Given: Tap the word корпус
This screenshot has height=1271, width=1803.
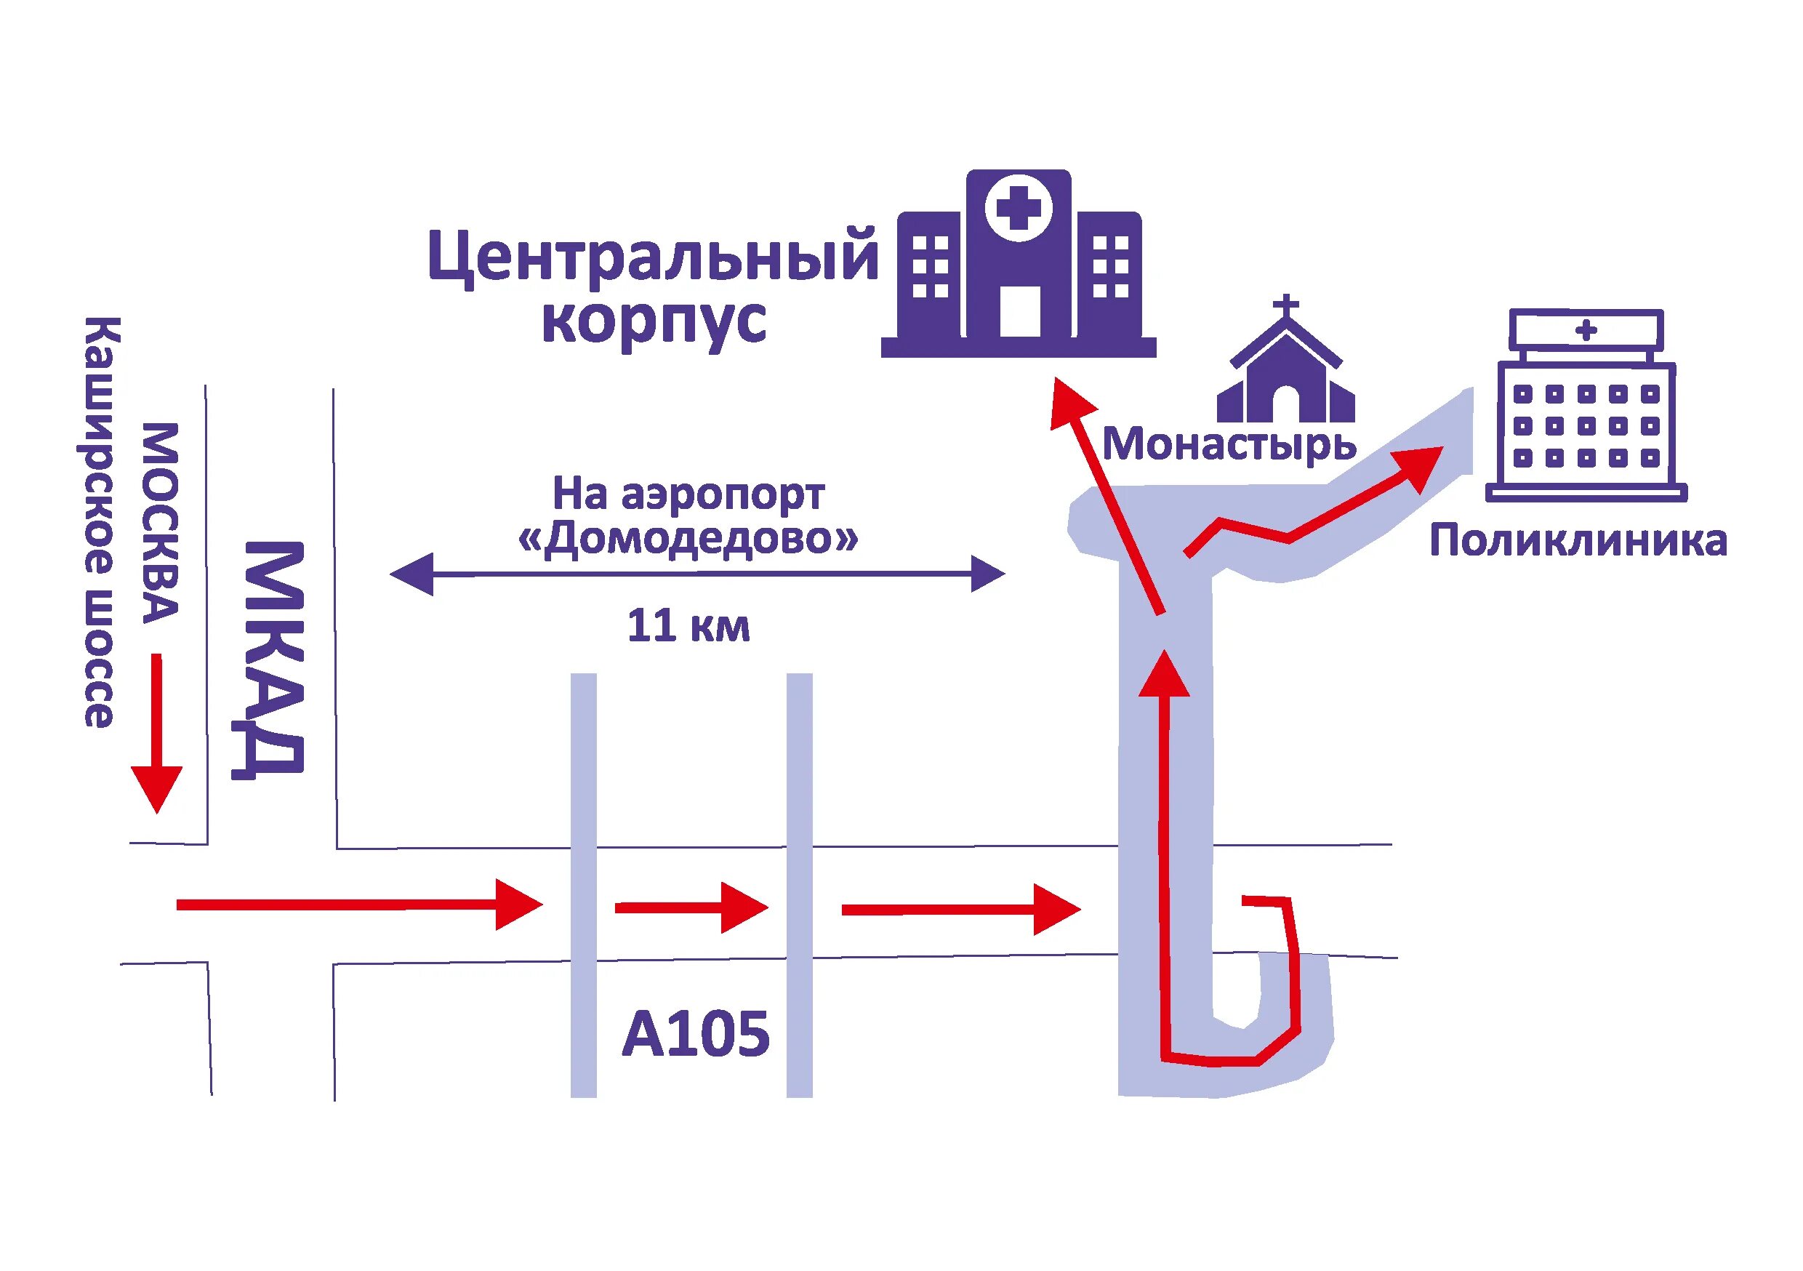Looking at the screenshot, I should (654, 321).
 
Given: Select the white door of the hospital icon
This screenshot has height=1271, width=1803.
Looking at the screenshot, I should (1020, 311).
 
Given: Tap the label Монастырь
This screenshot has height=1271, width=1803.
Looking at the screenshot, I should (1229, 444).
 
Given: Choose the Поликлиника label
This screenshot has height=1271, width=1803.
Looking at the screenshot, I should (1578, 541).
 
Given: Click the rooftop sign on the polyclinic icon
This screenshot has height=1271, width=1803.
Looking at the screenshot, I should (1586, 330).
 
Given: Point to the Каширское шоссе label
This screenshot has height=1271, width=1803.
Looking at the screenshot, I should (100, 522).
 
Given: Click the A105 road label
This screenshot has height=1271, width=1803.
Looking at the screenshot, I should (696, 1035).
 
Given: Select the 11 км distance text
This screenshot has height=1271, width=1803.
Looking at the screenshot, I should (688, 627).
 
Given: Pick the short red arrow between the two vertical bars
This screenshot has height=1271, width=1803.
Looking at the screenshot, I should (689, 908).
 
